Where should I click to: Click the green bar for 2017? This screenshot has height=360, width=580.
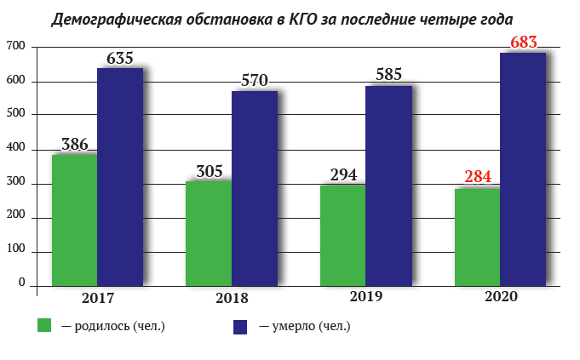tap(74, 220)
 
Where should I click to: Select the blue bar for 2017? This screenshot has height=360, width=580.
tap(120, 177)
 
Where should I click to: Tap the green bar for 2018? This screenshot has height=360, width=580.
tap(209, 233)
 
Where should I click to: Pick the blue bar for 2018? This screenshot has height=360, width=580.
tap(255, 188)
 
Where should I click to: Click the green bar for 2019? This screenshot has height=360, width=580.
tap(343, 236)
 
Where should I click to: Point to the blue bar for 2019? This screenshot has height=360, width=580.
tap(388, 186)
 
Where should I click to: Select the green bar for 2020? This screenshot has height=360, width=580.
tap(477, 237)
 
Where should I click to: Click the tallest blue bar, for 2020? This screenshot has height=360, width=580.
tap(523, 169)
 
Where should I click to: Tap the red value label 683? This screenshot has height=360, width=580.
tap(524, 43)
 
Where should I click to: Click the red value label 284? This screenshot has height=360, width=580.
tap(478, 177)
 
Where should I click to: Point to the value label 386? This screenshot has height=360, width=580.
tap(75, 144)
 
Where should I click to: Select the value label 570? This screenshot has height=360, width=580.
tap(255, 80)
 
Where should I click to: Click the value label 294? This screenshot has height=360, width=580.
tap(343, 174)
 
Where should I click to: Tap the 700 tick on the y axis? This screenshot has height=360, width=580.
tap(16, 46)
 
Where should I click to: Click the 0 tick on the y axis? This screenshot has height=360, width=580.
tap(22, 283)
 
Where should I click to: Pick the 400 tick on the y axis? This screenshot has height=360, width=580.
tap(16, 147)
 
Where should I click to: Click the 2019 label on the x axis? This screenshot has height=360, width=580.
tap(366, 296)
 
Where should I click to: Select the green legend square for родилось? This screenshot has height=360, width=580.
tap(44, 325)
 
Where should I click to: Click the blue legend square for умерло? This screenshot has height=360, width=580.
tap(240, 327)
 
